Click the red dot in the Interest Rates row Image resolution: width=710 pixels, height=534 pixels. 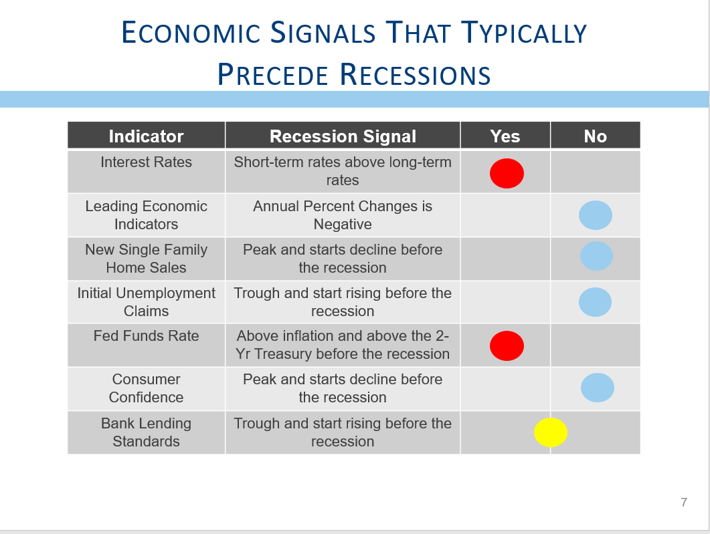[x=507, y=173]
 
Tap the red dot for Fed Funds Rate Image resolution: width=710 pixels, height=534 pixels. [x=507, y=346]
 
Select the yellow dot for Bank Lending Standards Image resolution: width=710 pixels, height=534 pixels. [x=551, y=432]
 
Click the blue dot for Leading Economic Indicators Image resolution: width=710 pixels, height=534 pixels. [x=596, y=215]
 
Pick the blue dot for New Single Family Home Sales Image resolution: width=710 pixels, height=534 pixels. [x=597, y=256]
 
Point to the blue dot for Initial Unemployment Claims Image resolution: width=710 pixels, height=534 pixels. [x=595, y=302]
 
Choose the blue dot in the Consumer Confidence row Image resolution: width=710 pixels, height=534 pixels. [x=598, y=388]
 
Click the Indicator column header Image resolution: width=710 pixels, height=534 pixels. [x=147, y=136]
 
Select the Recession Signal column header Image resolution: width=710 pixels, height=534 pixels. [x=343, y=136]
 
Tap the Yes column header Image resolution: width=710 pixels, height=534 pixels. [x=505, y=136]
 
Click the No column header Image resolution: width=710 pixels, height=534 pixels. [x=595, y=136]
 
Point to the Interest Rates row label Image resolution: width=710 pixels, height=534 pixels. [x=147, y=162]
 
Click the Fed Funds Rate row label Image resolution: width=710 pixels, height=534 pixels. [x=147, y=336]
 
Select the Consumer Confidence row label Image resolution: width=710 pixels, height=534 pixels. [x=147, y=388]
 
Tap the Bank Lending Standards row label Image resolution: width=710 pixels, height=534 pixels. [x=147, y=432]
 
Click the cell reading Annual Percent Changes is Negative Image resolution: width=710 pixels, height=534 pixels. [x=343, y=215]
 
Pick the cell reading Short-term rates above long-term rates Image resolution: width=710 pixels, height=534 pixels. [x=343, y=171]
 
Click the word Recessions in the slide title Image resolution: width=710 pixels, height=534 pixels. [x=415, y=74]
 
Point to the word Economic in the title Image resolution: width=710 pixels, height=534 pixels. [x=191, y=33]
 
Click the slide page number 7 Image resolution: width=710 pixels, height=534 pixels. [x=684, y=503]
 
